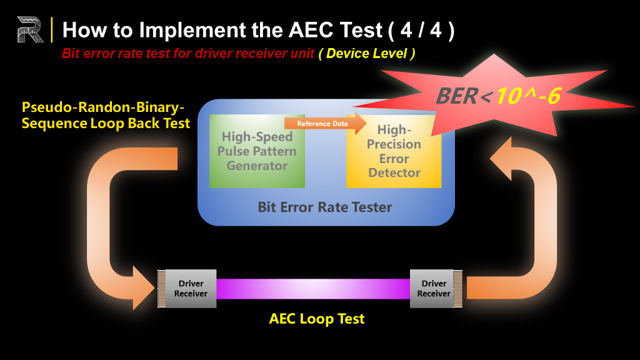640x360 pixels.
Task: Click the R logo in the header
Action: tap(30, 29)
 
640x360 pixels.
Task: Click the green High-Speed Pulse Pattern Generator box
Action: tap(257, 151)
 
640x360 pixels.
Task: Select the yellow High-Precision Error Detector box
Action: tap(394, 151)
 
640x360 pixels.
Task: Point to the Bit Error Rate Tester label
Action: tap(325, 207)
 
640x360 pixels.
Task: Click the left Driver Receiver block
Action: tap(187, 289)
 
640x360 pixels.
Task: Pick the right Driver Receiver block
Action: tap(436, 289)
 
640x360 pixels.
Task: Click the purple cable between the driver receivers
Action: tap(313, 289)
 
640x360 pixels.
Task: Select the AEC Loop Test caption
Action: tap(317, 319)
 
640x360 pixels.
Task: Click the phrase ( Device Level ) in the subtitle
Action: tap(366, 54)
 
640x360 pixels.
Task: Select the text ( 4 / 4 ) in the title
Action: tap(422, 30)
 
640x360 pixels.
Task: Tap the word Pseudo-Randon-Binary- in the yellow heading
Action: tap(103, 107)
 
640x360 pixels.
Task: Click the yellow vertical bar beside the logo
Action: tap(52, 29)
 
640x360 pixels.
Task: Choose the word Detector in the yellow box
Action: tap(394, 172)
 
